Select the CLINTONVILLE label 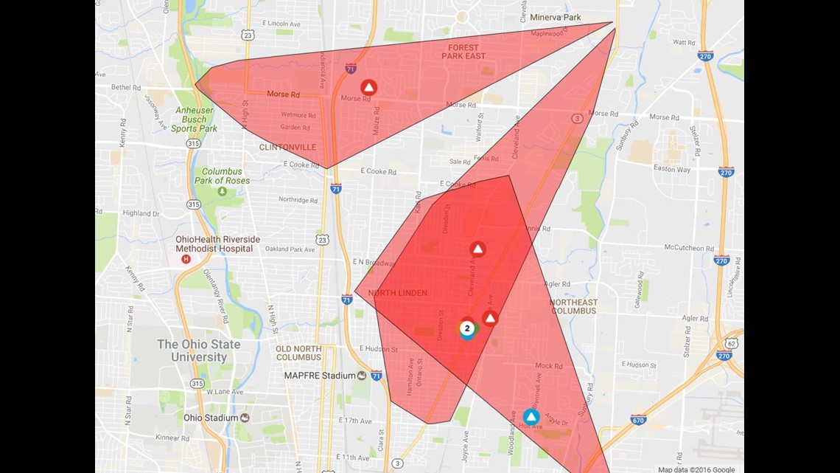point(287,148)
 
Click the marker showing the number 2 point(467,328)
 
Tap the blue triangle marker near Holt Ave point(531,418)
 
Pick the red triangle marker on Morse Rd point(368,88)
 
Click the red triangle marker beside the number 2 point(490,319)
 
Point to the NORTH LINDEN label point(397,293)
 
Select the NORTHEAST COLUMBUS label point(573,306)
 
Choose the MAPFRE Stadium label point(320,376)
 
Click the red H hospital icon point(186,259)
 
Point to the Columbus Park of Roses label point(222,176)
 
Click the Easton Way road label point(672,170)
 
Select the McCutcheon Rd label point(689,248)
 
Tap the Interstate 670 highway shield point(638,420)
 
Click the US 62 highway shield point(731,343)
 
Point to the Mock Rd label point(548,366)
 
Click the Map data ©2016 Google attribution point(696,469)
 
